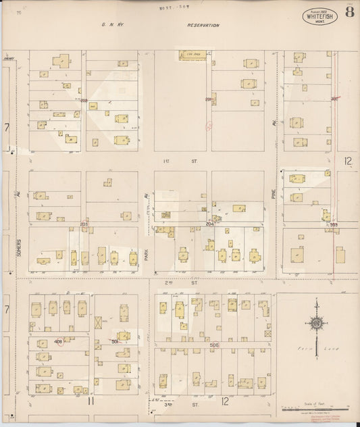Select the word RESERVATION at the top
pyautogui.click(x=203, y=25)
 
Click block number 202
pyautogui.click(x=84, y=100)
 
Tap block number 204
pyautogui.click(x=210, y=222)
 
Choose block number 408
pyautogui.click(x=59, y=342)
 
